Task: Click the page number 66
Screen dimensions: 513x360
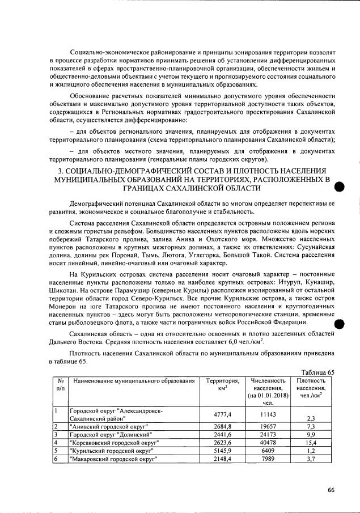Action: tap(331, 490)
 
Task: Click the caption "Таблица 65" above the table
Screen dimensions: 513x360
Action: tap(319, 372)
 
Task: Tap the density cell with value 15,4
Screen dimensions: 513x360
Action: tap(310, 442)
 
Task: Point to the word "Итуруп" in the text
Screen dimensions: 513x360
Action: tap(290, 282)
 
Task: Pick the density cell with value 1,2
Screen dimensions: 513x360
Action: tap(310, 451)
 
